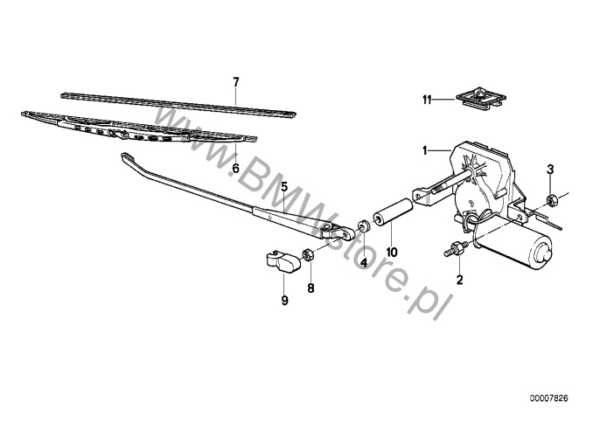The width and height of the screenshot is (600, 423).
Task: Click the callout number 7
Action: [235, 81]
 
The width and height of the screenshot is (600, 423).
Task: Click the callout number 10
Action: [393, 253]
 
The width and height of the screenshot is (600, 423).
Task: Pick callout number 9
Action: [284, 301]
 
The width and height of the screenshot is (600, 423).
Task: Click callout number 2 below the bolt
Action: [457, 281]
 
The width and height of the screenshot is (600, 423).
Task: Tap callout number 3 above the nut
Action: [549, 168]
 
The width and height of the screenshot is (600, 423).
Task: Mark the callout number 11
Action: [428, 101]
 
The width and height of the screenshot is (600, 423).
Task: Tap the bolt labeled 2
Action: [456, 250]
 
